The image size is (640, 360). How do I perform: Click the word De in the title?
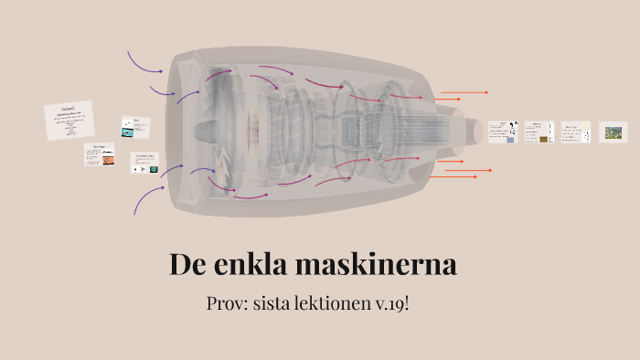187,265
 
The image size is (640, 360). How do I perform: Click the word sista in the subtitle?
283,303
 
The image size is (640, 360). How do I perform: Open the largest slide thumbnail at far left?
69,121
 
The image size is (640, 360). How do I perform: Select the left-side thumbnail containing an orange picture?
100,154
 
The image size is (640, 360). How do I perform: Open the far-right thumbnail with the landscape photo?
613,132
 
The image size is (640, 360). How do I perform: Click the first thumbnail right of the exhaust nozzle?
502,132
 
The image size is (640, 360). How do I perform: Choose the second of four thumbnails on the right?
539,132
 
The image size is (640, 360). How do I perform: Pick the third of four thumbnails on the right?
575,132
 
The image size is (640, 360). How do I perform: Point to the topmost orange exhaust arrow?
464,92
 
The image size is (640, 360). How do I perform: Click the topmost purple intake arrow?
144,62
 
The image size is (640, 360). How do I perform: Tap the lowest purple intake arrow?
147,199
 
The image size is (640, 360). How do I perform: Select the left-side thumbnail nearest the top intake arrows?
134,126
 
